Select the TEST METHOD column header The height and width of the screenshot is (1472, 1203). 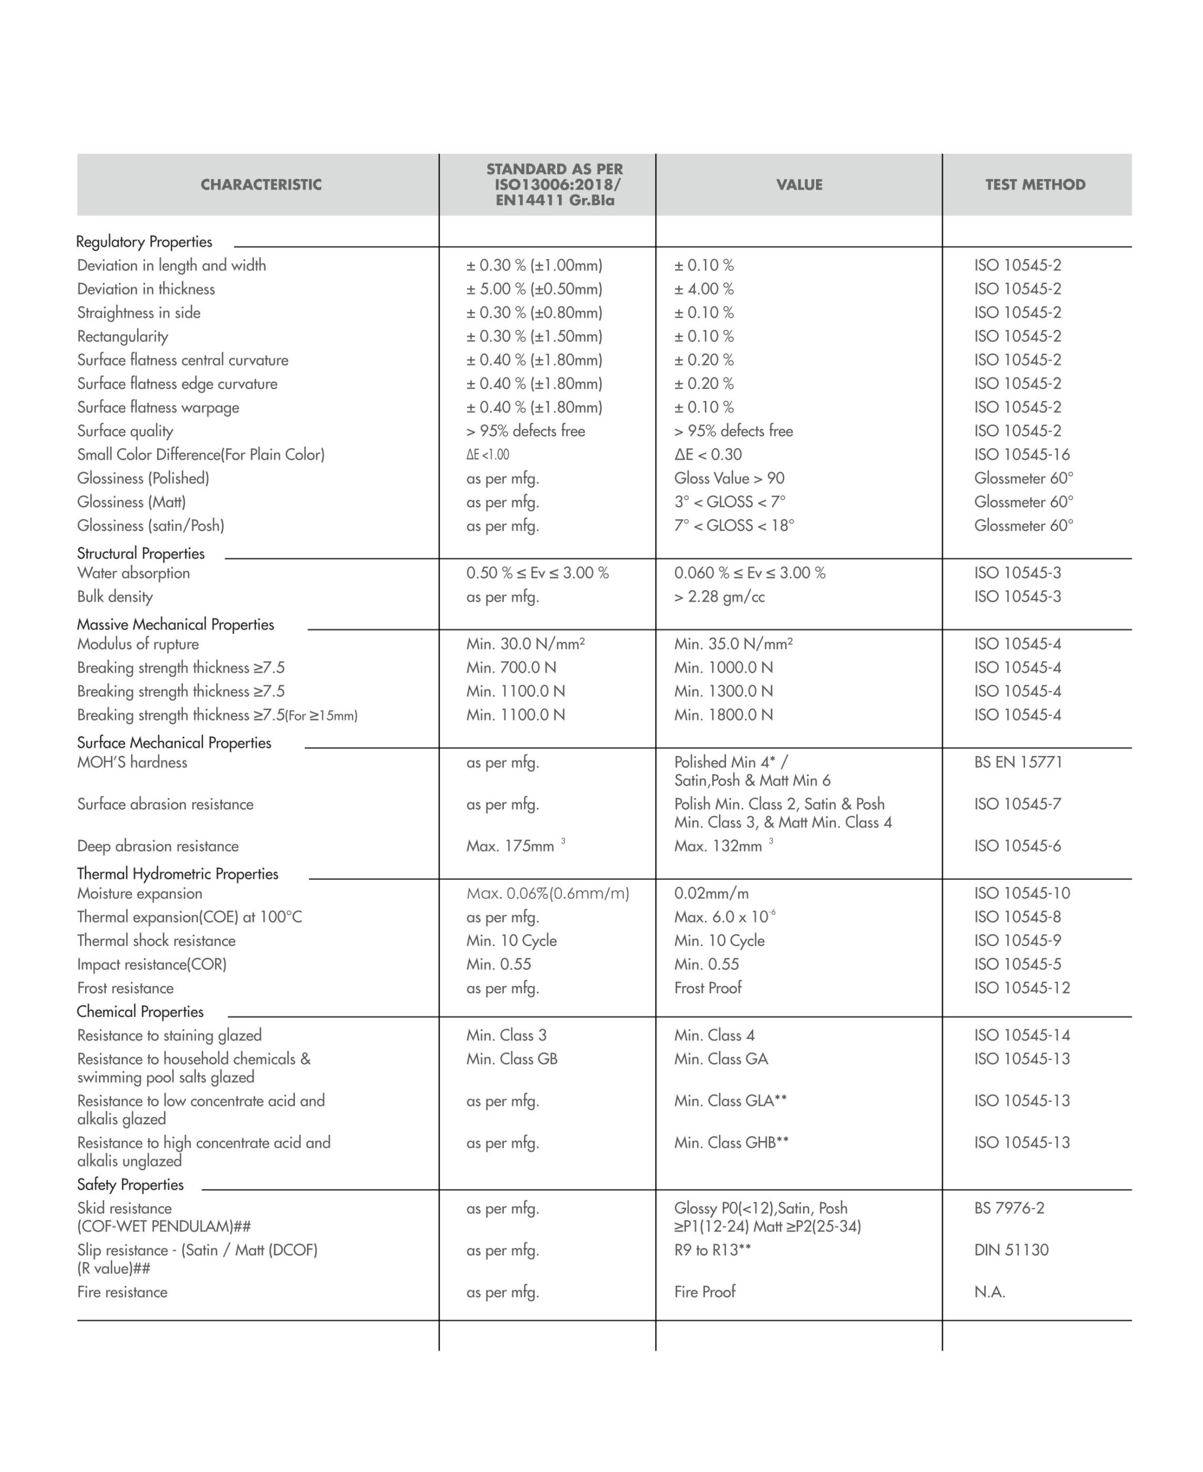click(x=1035, y=184)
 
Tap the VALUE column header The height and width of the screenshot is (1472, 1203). click(x=799, y=184)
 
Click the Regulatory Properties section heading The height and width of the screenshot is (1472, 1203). click(x=144, y=242)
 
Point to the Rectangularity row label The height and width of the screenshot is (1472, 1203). click(x=123, y=336)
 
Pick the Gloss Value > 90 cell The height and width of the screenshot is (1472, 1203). click(x=729, y=478)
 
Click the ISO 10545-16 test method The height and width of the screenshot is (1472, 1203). click(x=1022, y=454)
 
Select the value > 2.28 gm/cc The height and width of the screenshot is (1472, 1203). click(x=719, y=597)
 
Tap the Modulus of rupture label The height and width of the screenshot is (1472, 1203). click(x=138, y=644)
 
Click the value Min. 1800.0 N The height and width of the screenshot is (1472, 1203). click(x=723, y=714)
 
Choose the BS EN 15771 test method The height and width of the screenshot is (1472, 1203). click(x=1017, y=762)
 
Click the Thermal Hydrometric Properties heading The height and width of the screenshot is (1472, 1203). click(x=177, y=874)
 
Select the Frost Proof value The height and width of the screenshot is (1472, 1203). click(x=707, y=987)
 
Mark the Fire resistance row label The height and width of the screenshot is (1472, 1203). click(x=122, y=1292)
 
